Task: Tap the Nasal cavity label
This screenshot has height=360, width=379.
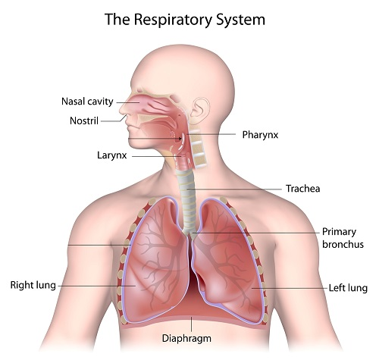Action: (x=87, y=102)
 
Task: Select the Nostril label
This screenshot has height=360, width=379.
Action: (x=84, y=121)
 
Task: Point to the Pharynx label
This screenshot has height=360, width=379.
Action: (x=260, y=135)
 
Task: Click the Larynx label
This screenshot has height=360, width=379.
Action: (x=111, y=155)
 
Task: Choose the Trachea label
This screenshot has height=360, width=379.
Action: (x=302, y=189)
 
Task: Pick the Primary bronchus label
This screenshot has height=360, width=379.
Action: (x=343, y=238)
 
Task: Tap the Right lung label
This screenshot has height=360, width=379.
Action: (x=33, y=285)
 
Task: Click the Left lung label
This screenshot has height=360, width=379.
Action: (x=348, y=288)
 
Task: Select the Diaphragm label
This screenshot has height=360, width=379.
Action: (x=186, y=339)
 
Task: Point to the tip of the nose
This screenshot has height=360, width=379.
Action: (x=121, y=110)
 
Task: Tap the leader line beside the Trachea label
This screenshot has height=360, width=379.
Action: (x=234, y=189)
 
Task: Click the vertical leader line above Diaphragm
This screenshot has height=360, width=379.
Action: (x=192, y=324)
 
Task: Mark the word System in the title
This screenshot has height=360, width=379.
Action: (x=241, y=20)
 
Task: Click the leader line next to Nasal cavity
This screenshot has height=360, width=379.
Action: (x=127, y=102)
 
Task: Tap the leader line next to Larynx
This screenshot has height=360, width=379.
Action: (x=157, y=156)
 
